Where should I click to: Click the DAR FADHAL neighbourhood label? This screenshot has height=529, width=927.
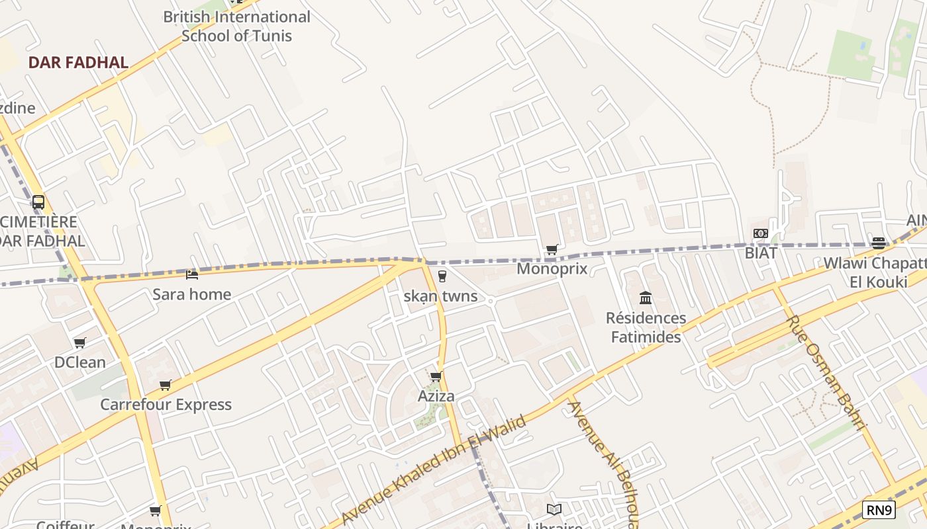pos(78,63)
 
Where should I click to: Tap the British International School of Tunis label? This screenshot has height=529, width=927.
pos(236,26)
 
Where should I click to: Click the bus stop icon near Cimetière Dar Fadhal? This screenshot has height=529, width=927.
pos(38,202)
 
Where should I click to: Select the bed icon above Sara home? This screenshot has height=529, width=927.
pos(192,274)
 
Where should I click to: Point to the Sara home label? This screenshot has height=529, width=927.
pos(192,294)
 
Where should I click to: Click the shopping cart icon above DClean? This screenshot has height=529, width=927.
pos(80,343)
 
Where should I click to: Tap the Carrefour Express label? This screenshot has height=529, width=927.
pos(166,404)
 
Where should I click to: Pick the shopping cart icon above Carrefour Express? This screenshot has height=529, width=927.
pos(166,385)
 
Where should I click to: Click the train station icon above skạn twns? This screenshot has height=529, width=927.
pos(442,276)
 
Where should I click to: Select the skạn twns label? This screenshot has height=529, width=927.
pos(440,296)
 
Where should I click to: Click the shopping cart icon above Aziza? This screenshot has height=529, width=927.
pos(436,377)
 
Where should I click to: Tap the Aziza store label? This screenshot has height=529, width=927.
pos(436,396)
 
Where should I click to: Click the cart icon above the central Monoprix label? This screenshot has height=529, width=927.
pos(552,249)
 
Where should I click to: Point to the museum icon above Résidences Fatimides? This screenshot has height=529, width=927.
pos(646,298)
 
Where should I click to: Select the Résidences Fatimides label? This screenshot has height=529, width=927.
pos(646,327)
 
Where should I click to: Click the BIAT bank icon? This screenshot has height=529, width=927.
pos(761,233)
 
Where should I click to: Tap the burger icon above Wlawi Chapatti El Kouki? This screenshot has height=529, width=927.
pos(879,243)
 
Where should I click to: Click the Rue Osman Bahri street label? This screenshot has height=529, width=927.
pos(826,373)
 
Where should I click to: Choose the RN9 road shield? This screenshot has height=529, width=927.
pos(879,509)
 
